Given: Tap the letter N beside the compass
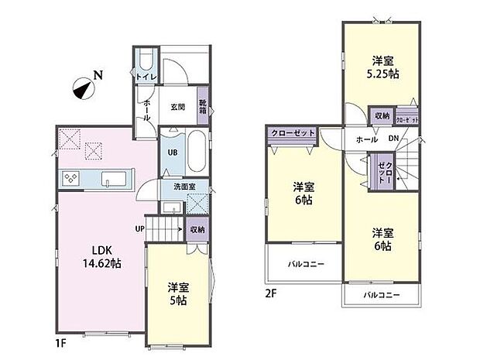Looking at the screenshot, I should point(98,75).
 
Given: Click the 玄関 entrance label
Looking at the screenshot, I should point(177,106).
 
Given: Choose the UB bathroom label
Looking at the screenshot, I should point(172,153).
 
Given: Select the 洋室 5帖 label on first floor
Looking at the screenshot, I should point(178,293).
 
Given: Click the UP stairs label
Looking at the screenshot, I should point(139,229).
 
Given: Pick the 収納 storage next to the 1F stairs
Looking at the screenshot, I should point(197,230).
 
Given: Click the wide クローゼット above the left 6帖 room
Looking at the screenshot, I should point(293,133).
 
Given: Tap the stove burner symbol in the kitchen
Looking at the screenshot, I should point(70,178).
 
